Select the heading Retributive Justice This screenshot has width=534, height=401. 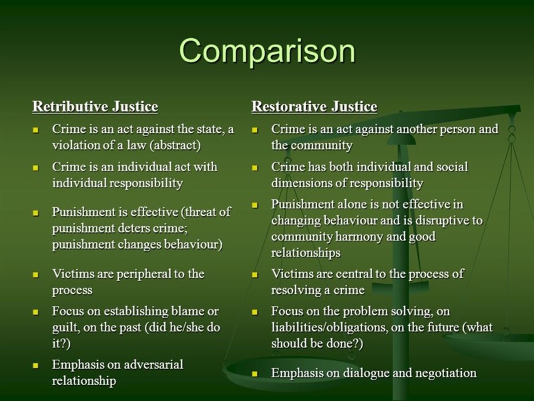coord(95,107)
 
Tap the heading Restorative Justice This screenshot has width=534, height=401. coord(314,107)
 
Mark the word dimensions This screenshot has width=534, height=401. coord(298,183)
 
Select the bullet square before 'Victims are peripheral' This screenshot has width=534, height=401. coord(36,274)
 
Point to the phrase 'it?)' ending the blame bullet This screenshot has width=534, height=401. coord(61,344)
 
